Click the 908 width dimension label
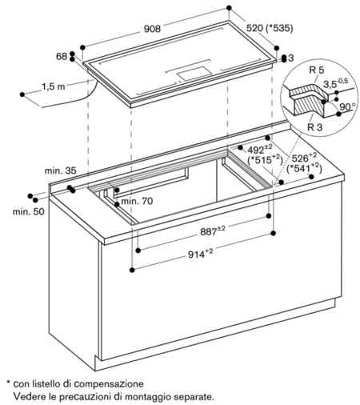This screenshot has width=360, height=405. coord(152,29)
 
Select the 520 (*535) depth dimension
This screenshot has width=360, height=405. coord(270,28)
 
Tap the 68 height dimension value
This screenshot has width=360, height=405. coord(62,56)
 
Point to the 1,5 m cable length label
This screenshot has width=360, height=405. coord(54,86)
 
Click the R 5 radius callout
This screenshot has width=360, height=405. coord(317,70)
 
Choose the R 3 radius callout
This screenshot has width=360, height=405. coord(315,127)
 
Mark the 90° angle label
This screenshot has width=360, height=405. coord(348,106)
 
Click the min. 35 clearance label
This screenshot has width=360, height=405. coord(60,170)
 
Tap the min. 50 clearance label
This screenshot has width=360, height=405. coord(28,212)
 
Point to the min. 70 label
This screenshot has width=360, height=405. coord(137,201)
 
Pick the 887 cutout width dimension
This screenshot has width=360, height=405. coord(213,231)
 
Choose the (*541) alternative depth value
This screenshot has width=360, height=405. coord(304,168)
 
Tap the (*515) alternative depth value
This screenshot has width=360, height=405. coord(265,159)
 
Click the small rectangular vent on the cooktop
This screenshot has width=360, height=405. coord(194,74)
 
